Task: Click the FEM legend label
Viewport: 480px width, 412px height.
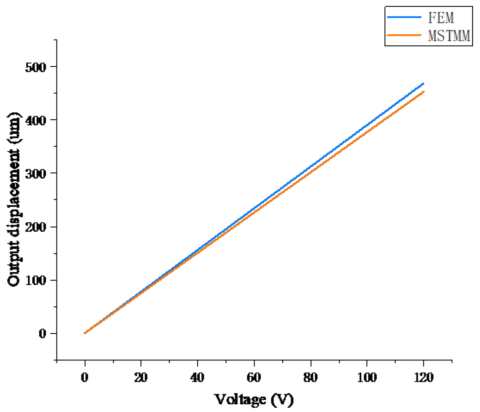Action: pos(441,18)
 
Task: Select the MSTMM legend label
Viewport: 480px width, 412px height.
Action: pos(449,36)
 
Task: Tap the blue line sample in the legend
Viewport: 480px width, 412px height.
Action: pos(404,17)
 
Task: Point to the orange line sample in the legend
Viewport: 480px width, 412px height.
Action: pos(404,35)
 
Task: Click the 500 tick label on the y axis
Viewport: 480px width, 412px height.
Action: pos(35,67)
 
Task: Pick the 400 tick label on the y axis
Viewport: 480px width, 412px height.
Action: pos(35,120)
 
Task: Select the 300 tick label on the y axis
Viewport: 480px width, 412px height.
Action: pos(35,174)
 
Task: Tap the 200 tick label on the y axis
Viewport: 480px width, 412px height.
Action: pos(35,227)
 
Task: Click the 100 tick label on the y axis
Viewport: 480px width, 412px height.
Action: pos(35,280)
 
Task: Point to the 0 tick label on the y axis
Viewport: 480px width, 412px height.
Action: pos(42,334)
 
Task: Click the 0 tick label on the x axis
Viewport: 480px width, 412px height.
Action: pos(85,378)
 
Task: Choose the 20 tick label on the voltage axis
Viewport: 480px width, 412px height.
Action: pos(141,378)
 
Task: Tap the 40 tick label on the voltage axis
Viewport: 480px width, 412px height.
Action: pos(197,378)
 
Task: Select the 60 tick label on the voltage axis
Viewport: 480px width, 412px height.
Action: pos(254,378)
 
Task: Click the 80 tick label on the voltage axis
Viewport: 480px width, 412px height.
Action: pos(310,378)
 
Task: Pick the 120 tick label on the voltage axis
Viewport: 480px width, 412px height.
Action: pos(423,378)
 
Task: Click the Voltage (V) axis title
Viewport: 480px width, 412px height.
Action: pos(254,399)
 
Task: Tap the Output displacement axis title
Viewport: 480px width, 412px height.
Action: pos(14,199)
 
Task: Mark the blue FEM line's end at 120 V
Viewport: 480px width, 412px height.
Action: pos(423,84)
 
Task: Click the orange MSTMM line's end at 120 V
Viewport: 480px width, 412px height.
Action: pos(424,92)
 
